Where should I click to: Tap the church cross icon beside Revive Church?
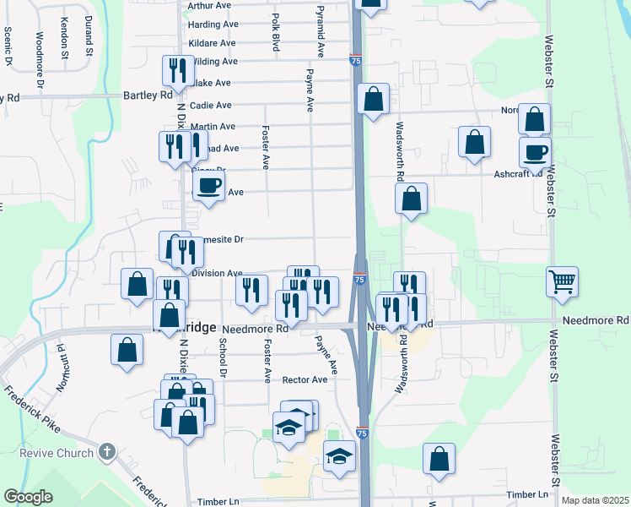105,451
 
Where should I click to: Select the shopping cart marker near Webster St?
563,281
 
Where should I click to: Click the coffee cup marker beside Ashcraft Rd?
535,152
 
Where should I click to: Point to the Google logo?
29,497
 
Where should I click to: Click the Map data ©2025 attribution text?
594,500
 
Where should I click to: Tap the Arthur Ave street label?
212,5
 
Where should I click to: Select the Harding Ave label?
213,24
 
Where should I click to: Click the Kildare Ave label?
213,42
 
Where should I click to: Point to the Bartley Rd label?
148,95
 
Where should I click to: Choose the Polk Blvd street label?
275,32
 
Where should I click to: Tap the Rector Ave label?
305,380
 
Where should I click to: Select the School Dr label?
224,357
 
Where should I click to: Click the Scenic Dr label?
8,46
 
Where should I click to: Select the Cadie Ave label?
212,106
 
